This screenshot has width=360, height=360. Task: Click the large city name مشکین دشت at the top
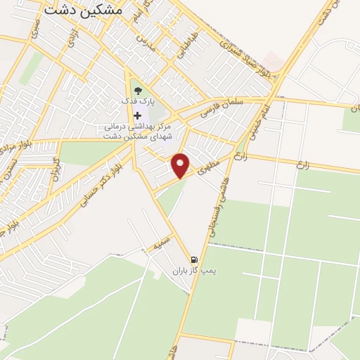click(x=82, y=11)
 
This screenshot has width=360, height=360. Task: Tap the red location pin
click(x=182, y=165)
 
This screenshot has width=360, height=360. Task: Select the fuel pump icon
click(x=194, y=259)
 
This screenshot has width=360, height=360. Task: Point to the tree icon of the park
click(x=137, y=90)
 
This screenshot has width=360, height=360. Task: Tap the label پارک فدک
click(x=137, y=102)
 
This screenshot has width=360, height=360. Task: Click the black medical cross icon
click(x=137, y=115)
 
